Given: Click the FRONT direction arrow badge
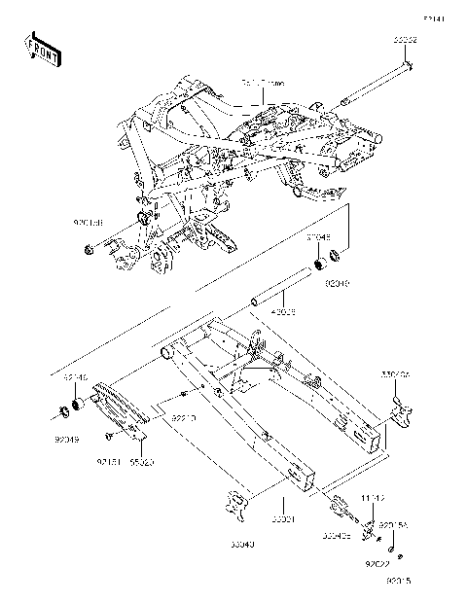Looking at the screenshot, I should coord(42,46).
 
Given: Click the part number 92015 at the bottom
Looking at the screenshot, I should coord(398,583).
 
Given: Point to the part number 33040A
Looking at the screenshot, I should coord(393,372).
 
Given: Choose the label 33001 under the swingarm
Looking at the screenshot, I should coord(283,521).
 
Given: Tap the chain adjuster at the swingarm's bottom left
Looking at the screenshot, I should coord(233,503).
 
